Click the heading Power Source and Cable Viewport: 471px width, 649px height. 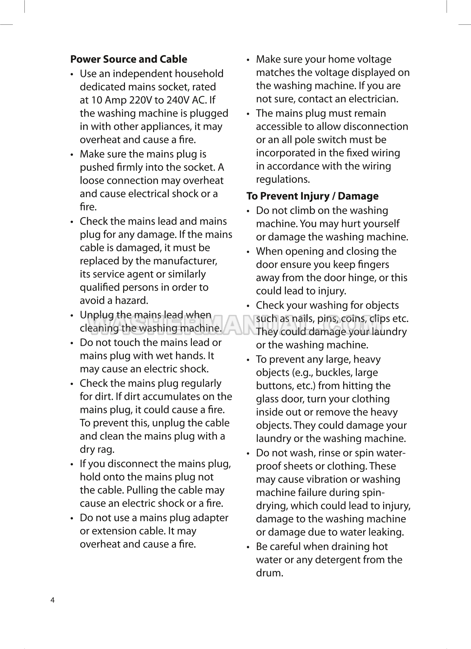pos(128,59)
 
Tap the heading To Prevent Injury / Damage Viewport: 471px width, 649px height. pos(312,196)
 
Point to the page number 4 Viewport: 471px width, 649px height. pos(53,600)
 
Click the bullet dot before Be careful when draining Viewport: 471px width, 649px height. pos(249,547)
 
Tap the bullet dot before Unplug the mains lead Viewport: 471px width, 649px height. pos(73,315)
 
